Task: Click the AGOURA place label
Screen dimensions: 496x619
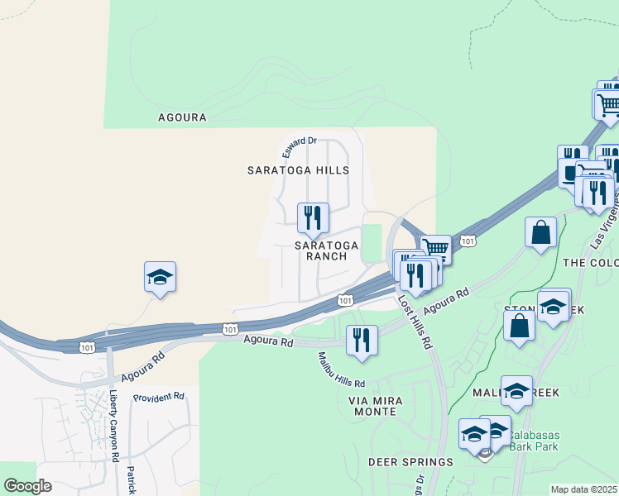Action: coord(182,117)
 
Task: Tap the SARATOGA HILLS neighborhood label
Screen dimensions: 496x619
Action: coord(298,170)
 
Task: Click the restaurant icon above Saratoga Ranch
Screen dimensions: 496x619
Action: coord(313,218)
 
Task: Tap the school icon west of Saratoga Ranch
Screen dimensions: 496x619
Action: coord(160,277)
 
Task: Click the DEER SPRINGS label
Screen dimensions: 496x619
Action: coord(410,462)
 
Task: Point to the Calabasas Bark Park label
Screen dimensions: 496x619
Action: coord(534,441)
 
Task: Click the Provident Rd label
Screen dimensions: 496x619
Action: coord(158,398)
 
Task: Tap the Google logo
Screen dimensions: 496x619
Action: coord(27,486)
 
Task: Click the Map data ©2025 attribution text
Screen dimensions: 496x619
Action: coord(583,489)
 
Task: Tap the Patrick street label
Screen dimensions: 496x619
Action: coord(130,480)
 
